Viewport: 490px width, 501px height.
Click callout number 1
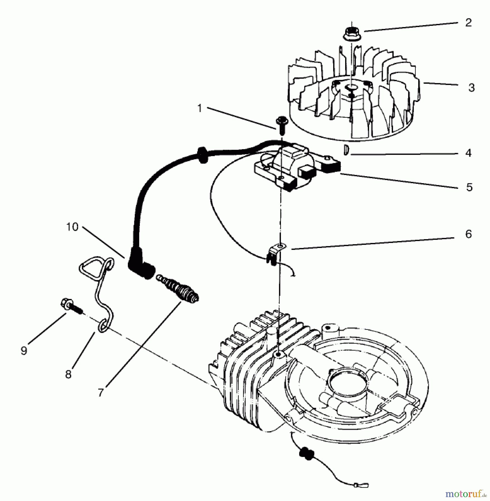(x=199, y=108)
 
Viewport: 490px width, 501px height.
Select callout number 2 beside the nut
(x=468, y=23)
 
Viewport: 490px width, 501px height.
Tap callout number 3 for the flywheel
(x=471, y=88)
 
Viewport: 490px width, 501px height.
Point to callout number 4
(x=468, y=153)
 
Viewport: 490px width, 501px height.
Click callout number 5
(x=469, y=187)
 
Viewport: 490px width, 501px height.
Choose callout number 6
(x=469, y=234)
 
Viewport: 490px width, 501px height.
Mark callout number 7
(x=101, y=392)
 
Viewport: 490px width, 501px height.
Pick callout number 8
(x=68, y=374)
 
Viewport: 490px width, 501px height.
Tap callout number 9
(x=24, y=351)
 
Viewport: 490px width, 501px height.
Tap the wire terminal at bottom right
(x=363, y=486)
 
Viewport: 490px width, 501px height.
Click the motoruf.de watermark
(x=465, y=494)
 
